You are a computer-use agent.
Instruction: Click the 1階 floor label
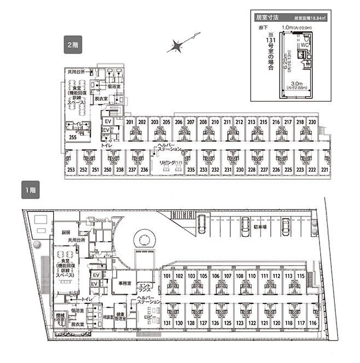tap(30, 191)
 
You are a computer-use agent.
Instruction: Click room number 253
tap(71, 171)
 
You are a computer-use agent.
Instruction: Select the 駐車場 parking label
tap(259, 227)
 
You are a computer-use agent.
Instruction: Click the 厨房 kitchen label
tap(65, 233)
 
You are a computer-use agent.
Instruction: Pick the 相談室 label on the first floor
tap(107, 317)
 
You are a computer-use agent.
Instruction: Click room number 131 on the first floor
tap(168, 323)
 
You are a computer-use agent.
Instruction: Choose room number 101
tap(168, 277)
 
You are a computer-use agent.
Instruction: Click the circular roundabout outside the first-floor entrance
tap(146, 239)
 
